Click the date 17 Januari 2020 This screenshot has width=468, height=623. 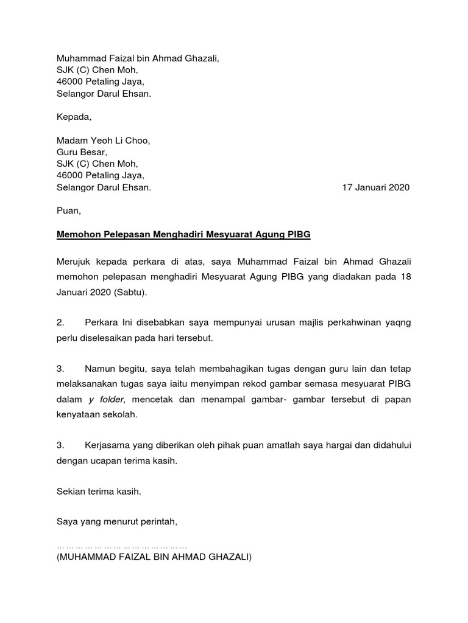376,187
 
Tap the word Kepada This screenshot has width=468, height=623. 74,117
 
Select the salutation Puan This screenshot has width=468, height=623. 68,211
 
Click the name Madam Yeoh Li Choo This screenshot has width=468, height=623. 103,141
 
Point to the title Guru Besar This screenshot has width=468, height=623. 82,152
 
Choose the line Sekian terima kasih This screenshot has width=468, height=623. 99,491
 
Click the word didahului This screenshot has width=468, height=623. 389,445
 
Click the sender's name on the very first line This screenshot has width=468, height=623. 137,58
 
